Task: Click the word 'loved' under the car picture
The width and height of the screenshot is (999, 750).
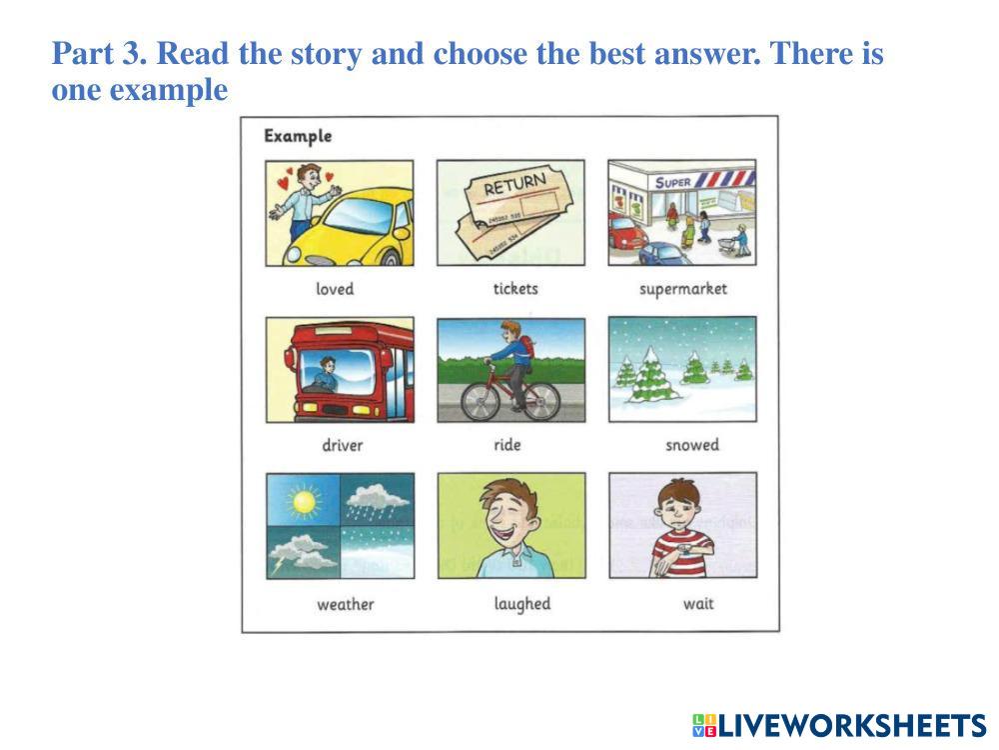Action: (335, 289)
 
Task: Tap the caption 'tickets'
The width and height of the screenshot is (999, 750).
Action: (515, 289)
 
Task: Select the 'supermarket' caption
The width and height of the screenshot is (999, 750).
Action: (683, 290)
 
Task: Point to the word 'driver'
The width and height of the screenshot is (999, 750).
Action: (342, 445)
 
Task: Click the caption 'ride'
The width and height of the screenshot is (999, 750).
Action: (507, 445)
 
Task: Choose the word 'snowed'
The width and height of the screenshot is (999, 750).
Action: (692, 445)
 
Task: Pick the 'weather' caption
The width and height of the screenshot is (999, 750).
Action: (346, 604)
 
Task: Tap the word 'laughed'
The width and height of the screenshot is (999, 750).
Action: (522, 604)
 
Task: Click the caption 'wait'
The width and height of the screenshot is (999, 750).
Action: (698, 603)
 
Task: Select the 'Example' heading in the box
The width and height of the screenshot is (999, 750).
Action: (298, 136)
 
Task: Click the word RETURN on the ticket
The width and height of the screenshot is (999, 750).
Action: (514, 184)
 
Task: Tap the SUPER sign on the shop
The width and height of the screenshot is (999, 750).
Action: (672, 182)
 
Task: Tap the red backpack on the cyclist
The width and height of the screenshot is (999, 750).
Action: (527, 348)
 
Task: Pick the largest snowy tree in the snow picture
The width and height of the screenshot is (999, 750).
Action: (649, 377)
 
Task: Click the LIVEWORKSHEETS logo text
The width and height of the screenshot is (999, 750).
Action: (840, 726)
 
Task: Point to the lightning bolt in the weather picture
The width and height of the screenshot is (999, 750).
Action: (278, 564)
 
